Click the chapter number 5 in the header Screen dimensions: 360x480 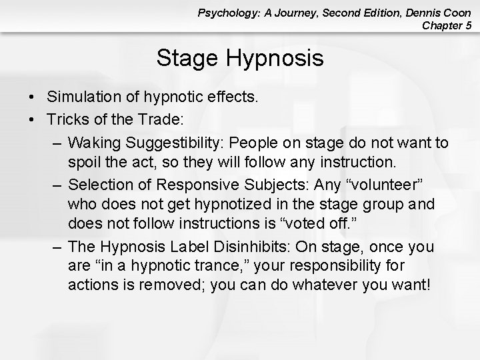[x=469, y=26]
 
